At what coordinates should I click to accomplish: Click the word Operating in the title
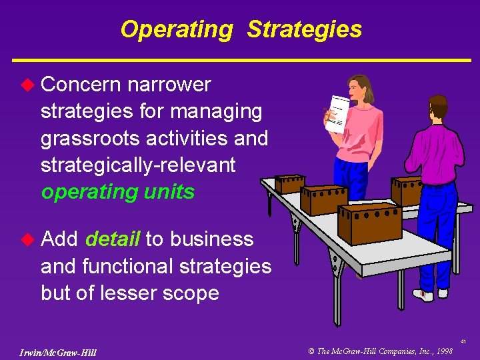tap(177, 29)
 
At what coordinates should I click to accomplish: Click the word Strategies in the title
tap(304, 29)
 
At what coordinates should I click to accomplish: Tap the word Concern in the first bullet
tap(80, 85)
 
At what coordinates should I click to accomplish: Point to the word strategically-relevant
tap(138, 165)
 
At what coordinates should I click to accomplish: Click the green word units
tap(169, 192)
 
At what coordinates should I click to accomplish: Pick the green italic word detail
tap(113, 239)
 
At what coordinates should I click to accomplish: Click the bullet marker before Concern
tap(27, 85)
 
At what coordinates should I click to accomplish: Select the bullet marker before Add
tap(27, 239)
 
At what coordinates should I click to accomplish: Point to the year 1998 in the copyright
tap(443, 351)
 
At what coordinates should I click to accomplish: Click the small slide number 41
tap(462, 341)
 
